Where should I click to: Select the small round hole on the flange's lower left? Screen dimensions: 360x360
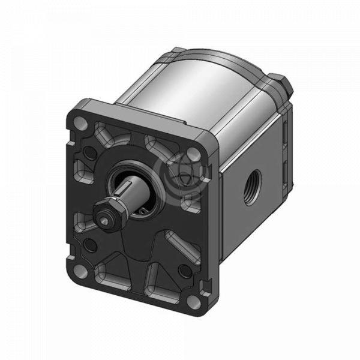90,244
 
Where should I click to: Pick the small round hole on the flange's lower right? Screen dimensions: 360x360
185,271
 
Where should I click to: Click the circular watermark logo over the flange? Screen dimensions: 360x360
179,173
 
